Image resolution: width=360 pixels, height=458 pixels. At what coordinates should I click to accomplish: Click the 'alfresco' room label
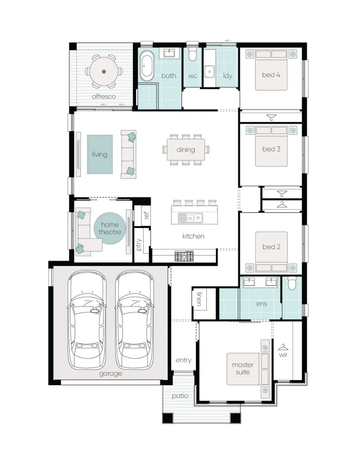103,96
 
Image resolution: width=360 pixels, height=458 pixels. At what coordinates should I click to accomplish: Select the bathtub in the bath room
147,66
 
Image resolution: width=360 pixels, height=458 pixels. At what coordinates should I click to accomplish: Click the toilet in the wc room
192,55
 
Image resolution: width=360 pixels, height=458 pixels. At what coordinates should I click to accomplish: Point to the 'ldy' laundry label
227,76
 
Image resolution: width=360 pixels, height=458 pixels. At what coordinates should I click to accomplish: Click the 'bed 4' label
271,75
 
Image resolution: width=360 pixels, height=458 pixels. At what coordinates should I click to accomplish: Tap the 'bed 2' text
271,247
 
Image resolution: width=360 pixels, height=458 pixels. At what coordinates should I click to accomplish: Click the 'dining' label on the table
185,150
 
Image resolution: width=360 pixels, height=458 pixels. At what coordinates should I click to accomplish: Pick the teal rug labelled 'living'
100,154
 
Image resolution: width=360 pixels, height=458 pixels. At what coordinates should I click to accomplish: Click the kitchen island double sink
189,218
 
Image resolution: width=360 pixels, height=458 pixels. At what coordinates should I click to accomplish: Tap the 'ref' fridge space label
147,215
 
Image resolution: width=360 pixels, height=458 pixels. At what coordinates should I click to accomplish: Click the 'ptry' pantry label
139,245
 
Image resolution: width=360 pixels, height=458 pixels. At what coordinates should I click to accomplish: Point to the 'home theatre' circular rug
109,228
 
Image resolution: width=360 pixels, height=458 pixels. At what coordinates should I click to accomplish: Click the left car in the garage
88,321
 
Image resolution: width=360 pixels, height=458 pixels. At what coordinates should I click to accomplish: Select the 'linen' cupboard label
199,300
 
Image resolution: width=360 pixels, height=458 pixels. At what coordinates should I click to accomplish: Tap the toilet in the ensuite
292,284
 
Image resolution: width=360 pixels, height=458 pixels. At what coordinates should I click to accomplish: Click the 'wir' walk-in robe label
283,354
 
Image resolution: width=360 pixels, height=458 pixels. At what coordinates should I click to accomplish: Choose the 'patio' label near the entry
179,395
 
